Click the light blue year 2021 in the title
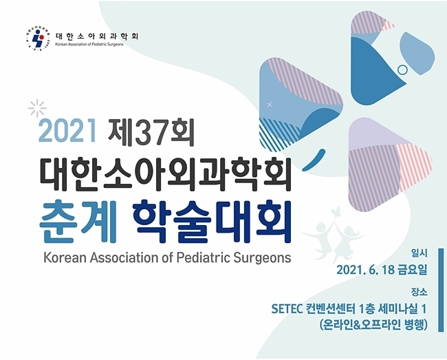tap(67, 130)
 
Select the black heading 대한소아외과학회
tap(166, 174)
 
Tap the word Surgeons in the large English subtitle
tap(263, 258)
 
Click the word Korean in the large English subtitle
tap(65, 258)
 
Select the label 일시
tap(419, 253)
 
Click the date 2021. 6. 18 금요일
tap(382, 270)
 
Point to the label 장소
tap(419, 292)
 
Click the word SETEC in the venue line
tap(287, 309)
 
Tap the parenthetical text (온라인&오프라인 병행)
tap(373, 325)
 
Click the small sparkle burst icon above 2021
tap(37, 108)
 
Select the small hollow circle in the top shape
tap(402, 70)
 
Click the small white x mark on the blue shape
tap(270, 105)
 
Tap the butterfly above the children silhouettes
tap(337, 211)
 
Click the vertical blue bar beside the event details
tap(441, 290)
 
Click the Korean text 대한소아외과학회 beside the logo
tap(97, 36)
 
